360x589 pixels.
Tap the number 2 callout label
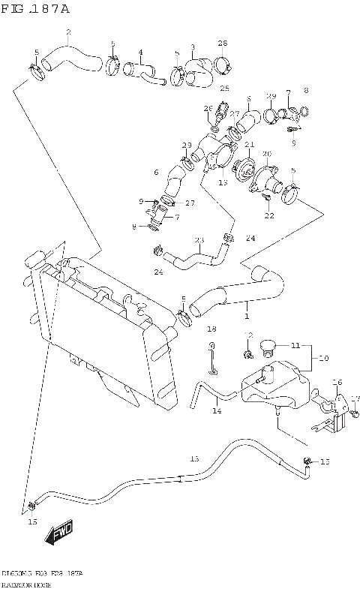click(67, 32)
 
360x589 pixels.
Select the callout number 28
click(222, 43)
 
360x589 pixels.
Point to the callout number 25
click(223, 88)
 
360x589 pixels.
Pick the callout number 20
click(266, 154)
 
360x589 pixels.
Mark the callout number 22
click(268, 216)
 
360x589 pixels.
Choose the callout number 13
click(223, 182)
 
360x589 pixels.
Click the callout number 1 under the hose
click(246, 317)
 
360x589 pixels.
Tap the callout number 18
click(211, 329)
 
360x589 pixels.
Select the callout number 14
click(217, 410)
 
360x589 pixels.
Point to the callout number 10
click(323, 359)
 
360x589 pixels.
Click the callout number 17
click(355, 398)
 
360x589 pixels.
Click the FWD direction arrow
click(57, 534)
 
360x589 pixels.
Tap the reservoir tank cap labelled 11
click(267, 347)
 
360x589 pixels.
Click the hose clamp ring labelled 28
click(222, 64)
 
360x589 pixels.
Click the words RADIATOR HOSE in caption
click(23, 582)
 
